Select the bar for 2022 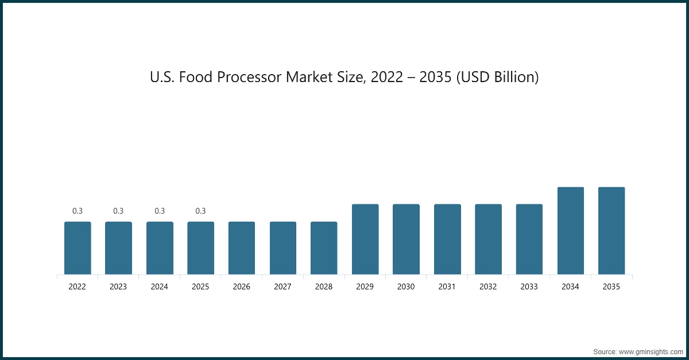pyautogui.click(x=78, y=248)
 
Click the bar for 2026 pyautogui.click(x=242, y=248)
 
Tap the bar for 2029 pyautogui.click(x=365, y=239)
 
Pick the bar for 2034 pyautogui.click(x=571, y=231)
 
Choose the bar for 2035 pyautogui.click(x=611, y=231)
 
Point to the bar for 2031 pyautogui.click(x=447, y=239)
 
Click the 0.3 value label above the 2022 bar pyautogui.click(x=78, y=211)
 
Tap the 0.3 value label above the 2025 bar pyautogui.click(x=200, y=211)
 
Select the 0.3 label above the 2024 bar pyautogui.click(x=160, y=211)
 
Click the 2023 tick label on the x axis pyautogui.click(x=118, y=287)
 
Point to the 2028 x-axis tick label pyautogui.click(x=324, y=287)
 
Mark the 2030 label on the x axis pyautogui.click(x=406, y=287)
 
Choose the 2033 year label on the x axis pyautogui.click(x=529, y=287)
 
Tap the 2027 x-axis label pyautogui.click(x=282, y=287)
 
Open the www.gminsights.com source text pyautogui.click(x=650, y=351)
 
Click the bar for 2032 pyautogui.click(x=488, y=239)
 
